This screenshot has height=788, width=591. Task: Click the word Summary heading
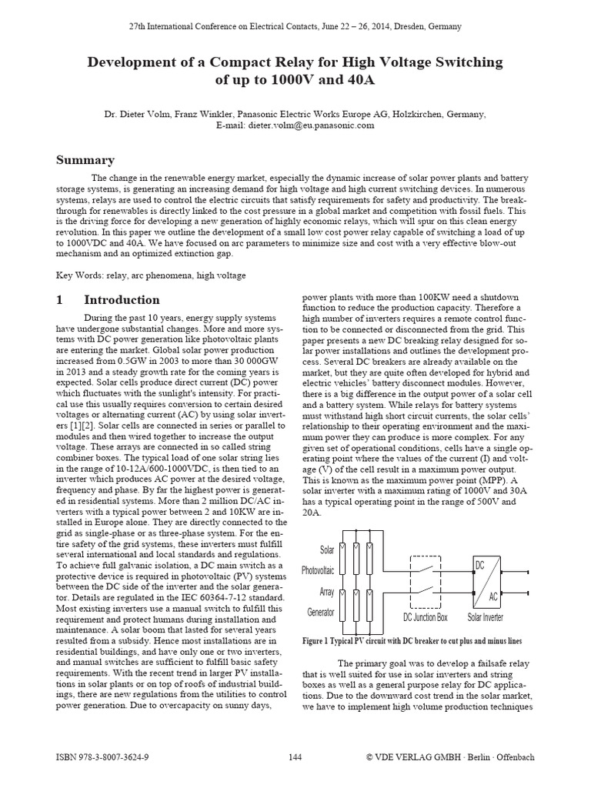85,160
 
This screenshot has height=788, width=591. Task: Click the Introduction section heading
122,300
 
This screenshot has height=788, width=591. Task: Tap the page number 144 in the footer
295,757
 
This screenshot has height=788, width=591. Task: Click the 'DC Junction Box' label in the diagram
425,617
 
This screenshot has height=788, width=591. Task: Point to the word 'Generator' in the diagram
319,613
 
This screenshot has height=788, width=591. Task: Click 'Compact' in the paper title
245,62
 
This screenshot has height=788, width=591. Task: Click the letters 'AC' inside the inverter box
493,595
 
